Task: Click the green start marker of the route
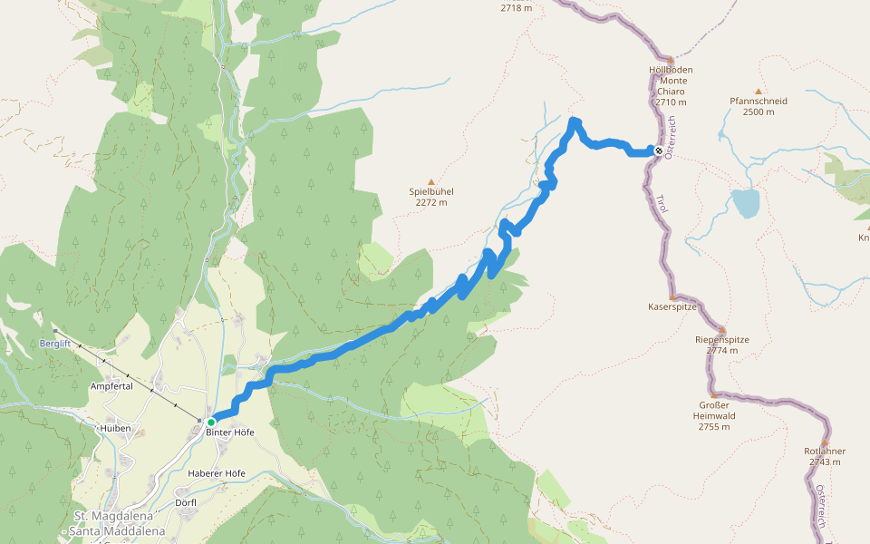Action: click(211, 422)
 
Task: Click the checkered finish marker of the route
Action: click(659, 151)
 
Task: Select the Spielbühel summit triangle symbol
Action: click(431, 181)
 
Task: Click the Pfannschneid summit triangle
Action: click(759, 92)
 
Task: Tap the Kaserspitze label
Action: click(672, 306)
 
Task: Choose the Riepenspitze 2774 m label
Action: click(722, 345)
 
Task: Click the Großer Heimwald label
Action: click(714, 416)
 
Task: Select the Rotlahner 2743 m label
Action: click(825, 456)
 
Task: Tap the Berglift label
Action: click(55, 344)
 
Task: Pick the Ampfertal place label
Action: click(111, 386)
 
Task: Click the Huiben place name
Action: click(117, 428)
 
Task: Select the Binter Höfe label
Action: click(230, 432)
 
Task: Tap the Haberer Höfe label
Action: click(217, 473)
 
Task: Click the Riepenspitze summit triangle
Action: click(722, 330)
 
